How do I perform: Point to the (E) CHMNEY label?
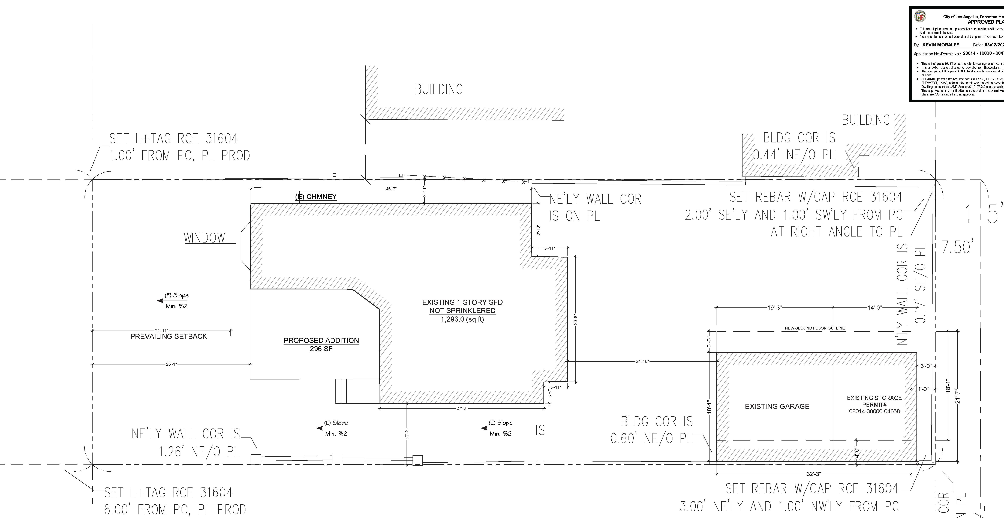point(316,197)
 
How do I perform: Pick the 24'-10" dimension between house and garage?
point(642,361)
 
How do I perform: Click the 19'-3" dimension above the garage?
point(774,307)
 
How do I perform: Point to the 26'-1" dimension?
point(171,364)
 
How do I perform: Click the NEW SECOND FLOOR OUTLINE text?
point(814,328)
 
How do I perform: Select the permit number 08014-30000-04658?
point(874,411)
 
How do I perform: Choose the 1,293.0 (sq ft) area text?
point(462,319)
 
